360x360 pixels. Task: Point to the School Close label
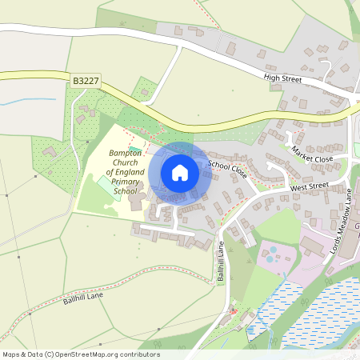click(x=226, y=168)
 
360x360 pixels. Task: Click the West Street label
click(x=310, y=186)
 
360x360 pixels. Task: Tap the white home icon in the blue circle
click(x=180, y=173)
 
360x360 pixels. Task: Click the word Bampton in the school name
click(x=126, y=153)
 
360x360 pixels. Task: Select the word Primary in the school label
click(x=126, y=182)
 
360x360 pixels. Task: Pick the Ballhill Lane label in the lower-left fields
click(x=84, y=299)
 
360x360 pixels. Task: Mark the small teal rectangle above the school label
click(x=134, y=149)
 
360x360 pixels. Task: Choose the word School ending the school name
click(x=126, y=191)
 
